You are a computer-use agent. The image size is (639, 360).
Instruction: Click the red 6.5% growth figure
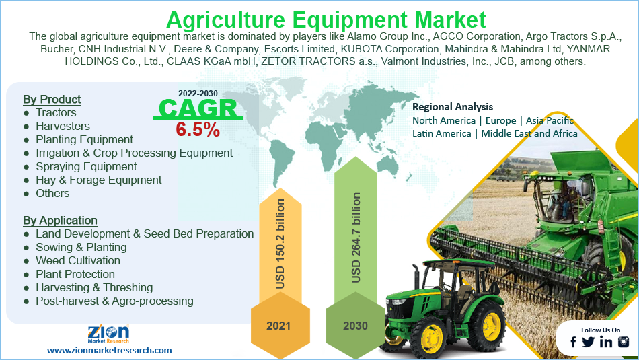pos(198,130)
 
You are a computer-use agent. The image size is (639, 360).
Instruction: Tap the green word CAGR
pos(198,108)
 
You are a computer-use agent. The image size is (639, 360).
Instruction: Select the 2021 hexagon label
pos(278,326)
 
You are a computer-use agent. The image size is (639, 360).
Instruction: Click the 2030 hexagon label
pos(355,326)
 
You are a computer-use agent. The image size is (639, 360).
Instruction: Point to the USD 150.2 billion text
pos(280,244)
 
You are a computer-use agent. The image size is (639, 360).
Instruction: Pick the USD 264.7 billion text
pos(356,238)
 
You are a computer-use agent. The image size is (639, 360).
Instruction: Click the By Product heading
pos(52,99)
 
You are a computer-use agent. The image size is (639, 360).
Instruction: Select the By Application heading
pos(60,220)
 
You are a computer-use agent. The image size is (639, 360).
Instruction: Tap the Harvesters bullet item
pos(63,126)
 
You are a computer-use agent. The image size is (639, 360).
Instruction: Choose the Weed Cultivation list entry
pos(78,260)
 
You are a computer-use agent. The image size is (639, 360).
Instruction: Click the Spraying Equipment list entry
pos(86,166)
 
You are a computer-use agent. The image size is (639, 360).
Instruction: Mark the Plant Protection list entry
pos(75,274)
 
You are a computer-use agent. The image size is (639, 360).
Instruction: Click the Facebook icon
pos(573,342)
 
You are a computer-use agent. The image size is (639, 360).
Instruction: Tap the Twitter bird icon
pos(588,342)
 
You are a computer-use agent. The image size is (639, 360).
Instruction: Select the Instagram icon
pos(624,342)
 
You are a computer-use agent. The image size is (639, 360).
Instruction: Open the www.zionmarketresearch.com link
pos(109,350)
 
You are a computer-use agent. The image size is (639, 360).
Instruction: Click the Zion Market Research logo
pos(108,334)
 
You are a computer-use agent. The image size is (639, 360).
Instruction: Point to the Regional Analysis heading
pos(453,107)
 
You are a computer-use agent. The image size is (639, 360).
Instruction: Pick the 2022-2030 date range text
pos(198,94)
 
